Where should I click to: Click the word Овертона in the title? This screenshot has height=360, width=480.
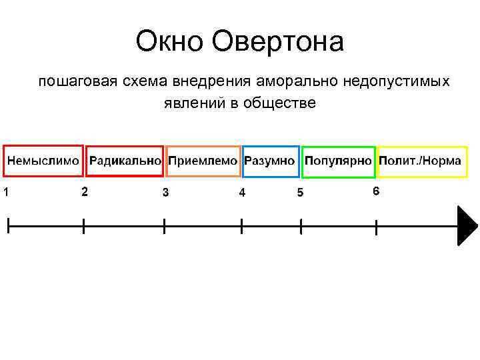click(279, 43)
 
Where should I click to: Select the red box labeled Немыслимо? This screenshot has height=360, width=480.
click(43, 161)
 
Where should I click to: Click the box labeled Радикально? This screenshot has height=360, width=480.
click(125, 161)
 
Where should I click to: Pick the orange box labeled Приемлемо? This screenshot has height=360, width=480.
click(203, 161)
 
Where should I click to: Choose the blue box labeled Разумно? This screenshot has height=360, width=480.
click(270, 161)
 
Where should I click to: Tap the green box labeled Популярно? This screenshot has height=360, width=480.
click(339, 161)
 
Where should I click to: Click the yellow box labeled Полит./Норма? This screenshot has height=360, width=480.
click(421, 161)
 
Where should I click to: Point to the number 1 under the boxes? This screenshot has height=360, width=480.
click(5, 193)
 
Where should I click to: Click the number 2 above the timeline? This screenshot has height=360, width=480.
click(83, 191)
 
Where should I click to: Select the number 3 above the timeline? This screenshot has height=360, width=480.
click(165, 193)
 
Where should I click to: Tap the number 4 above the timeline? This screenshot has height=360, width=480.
click(242, 193)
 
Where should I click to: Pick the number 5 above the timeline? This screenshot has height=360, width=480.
click(300, 193)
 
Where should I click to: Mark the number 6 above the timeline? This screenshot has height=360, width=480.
click(376, 191)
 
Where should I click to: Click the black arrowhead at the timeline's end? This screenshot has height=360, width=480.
click(467, 227)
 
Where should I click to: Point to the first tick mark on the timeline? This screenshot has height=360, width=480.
click(8, 225)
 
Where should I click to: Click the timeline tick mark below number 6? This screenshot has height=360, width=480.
click(377, 227)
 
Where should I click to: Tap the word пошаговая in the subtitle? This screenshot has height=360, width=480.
click(71, 82)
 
